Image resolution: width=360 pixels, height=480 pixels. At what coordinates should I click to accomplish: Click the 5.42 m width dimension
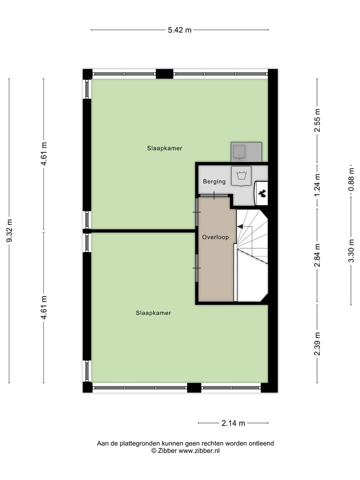point(179,30)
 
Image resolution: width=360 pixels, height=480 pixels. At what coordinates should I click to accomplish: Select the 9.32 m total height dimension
point(9,230)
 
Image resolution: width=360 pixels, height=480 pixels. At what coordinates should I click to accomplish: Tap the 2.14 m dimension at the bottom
point(233,423)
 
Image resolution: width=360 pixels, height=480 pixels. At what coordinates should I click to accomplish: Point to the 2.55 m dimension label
point(317,120)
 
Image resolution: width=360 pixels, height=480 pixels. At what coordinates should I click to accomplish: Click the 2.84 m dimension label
point(317,255)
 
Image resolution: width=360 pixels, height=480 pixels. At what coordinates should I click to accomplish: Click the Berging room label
point(214,181)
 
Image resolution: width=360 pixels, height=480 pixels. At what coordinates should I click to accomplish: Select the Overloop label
point(215,237)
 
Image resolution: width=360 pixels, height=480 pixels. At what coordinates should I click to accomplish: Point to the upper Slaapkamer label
point(164,148)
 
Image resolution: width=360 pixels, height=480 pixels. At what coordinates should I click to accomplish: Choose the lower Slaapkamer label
point(153,313)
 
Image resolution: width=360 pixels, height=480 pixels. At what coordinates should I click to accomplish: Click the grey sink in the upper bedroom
point(246,151)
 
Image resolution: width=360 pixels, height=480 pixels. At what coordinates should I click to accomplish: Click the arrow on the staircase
point(240,226)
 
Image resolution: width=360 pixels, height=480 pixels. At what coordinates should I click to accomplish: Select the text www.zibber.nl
point(199,450)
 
